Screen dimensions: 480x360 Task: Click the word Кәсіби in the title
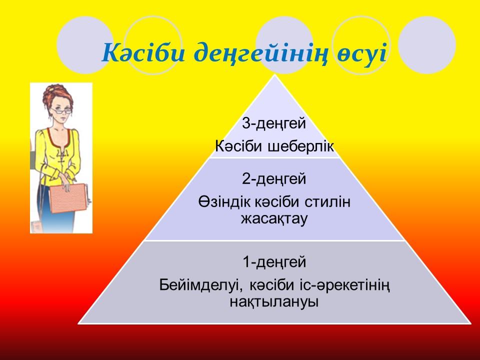(143, 52)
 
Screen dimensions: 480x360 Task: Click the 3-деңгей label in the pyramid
(274, 124)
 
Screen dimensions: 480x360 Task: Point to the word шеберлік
(300, 146)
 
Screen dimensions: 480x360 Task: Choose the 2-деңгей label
(274, 179)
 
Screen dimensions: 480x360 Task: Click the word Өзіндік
(224, 202)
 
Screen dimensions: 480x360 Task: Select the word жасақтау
(274, 219)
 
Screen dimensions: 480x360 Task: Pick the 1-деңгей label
(274, 262)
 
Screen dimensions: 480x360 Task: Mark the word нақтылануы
(274, 302)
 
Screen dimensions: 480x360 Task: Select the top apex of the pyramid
(275, 75)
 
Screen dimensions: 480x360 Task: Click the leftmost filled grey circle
(85, 45)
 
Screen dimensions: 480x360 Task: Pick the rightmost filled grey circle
(427, 45)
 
